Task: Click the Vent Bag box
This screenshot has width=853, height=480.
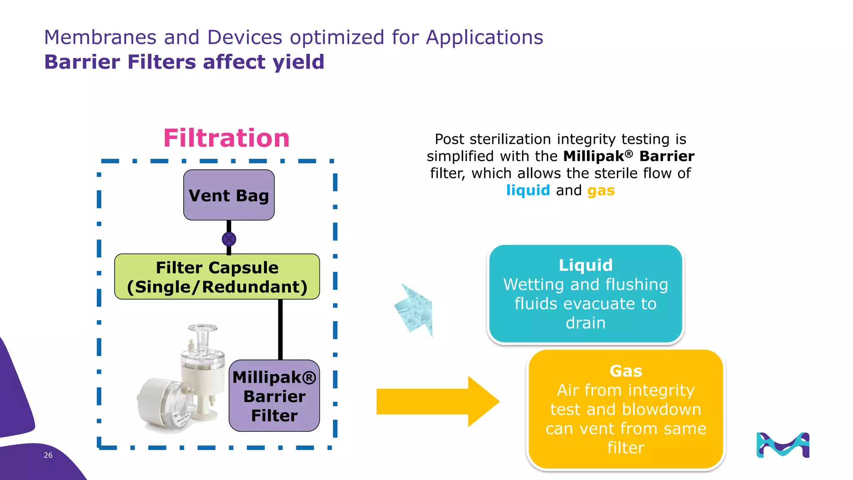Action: (229, 195)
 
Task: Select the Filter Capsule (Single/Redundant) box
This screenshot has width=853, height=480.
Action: (217, 277)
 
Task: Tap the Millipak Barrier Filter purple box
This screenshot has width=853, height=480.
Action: (274, 396)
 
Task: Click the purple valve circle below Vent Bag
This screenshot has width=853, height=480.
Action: (229, 239)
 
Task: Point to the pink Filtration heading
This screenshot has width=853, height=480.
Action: (226, 138)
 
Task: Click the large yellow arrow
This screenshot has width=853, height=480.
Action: (437, 402)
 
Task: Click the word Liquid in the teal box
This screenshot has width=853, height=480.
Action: (585, 265)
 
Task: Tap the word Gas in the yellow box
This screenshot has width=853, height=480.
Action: (626, 371)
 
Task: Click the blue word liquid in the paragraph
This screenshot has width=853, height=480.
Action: (528, 190)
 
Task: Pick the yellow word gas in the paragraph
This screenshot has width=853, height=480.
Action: (601, 191)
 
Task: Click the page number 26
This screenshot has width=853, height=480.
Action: (48, 455)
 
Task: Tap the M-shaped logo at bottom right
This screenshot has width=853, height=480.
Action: (783, 445)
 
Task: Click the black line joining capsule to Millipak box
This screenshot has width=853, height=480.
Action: (280, 329)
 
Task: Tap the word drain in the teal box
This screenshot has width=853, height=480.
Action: (585, 323)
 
